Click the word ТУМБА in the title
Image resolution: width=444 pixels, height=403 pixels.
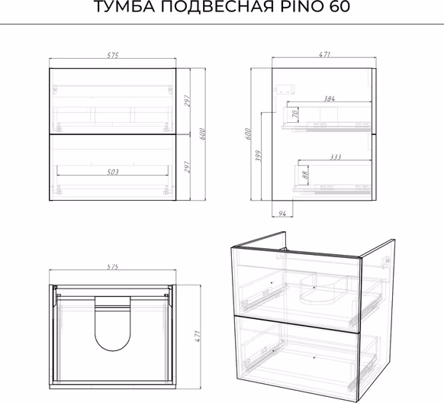tap(124, 7)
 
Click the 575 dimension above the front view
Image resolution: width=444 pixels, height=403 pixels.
tap(112, 55)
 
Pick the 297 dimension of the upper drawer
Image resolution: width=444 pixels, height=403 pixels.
tap(187, 101)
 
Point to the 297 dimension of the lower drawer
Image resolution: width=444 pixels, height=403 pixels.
tap(187, 167)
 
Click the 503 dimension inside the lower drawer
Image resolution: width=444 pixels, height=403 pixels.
tap(113, 172)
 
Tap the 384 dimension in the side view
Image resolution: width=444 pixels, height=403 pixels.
tap(329, 98)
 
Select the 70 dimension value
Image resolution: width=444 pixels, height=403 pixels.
tap(294, 114)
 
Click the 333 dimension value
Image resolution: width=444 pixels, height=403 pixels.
tap(335, 156)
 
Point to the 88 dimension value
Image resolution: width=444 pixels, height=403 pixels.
tap(304, 175)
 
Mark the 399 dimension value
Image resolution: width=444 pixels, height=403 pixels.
tap(259, 156)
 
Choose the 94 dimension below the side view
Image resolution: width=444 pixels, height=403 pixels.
tap(282, 214)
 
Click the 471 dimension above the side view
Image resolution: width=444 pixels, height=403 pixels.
tap(324, 54)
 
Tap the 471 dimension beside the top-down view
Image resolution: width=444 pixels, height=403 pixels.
tap(198, 336)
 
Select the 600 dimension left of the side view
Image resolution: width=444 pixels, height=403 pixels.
tap(247, 134)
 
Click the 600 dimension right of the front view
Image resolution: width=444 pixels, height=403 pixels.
tap(202, 134)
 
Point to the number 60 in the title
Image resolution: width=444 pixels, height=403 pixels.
tap(339, 7)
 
